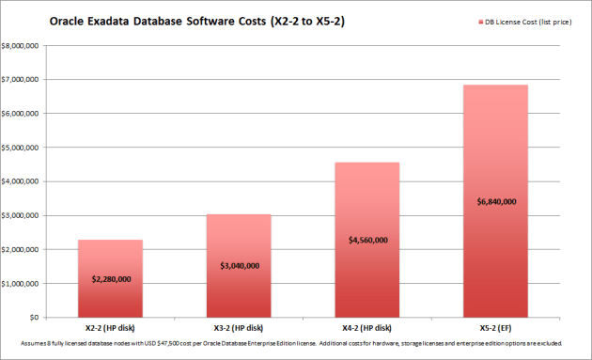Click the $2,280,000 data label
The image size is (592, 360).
(x=110, y=279)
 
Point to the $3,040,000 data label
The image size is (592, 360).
(x=239, y=266)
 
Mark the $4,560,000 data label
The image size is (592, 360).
(x=366, y=240)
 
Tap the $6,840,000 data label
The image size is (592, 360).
(x=495, y=201)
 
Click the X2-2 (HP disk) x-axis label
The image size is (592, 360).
(x=110, y=328)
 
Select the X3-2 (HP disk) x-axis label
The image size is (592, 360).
(x=239, y=328)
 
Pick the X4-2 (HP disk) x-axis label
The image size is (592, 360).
(x=366, y=328)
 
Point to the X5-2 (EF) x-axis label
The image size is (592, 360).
(x=495, y=328)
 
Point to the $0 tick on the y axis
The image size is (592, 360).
(x=33, y=318)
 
